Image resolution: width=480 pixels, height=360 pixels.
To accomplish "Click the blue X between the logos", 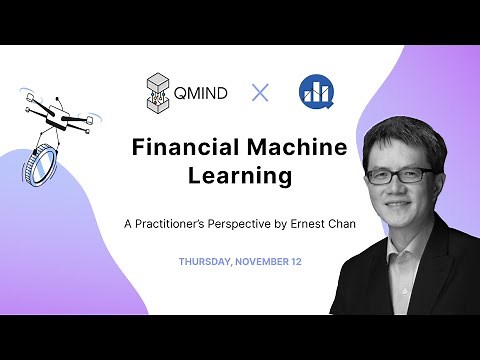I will click(260, 93).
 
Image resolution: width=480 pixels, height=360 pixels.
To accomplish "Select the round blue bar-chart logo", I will click(315, 93).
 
